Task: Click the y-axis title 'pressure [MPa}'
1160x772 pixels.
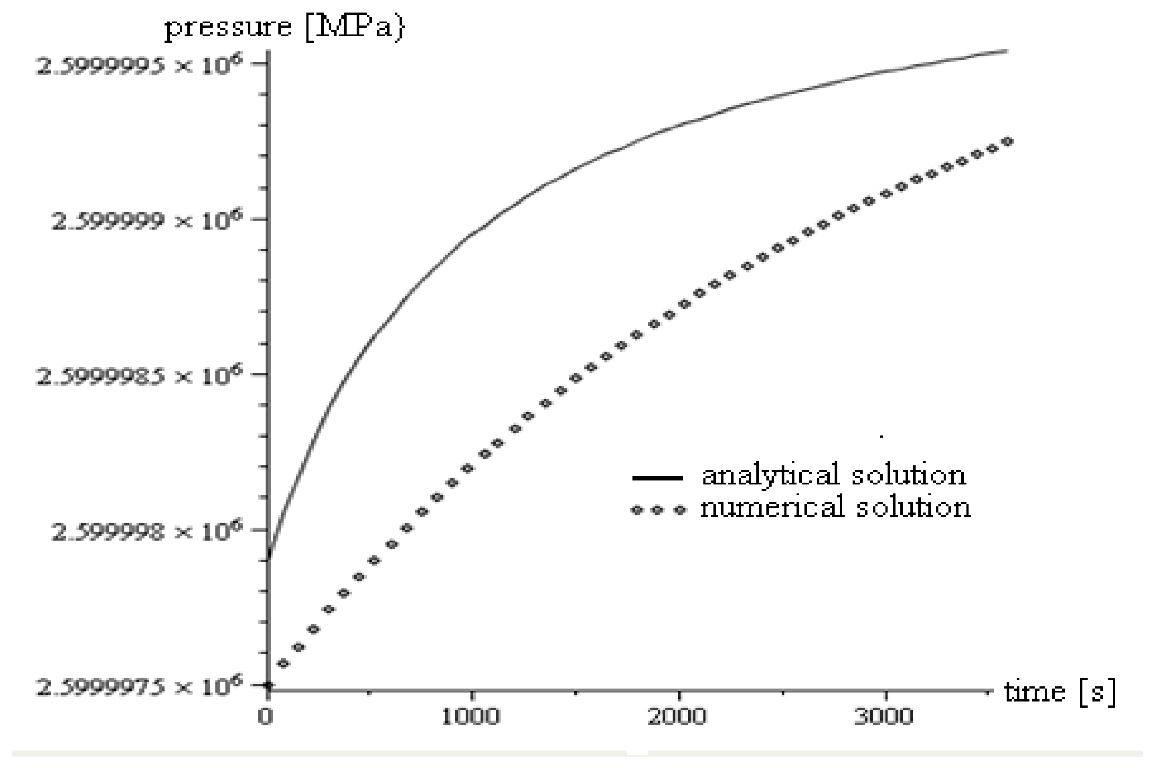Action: [x=284, y=28]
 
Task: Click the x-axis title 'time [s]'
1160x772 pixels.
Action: [x=1059, y=692]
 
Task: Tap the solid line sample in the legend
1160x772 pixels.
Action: [x=657, y=478]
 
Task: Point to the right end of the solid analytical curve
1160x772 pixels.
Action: [x=1006, y=51]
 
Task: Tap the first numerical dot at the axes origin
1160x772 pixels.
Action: [x=269, y=685]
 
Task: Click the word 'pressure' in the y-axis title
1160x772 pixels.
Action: [x=228, y=28]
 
